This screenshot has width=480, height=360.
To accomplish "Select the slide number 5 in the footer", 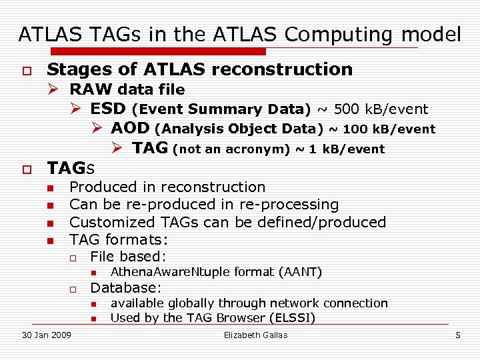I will pos(457,335).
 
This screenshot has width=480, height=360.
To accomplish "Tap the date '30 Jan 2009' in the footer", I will pos(47,335).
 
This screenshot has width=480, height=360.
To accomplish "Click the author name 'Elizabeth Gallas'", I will pos(256,335).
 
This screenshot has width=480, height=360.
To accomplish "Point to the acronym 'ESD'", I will pos(109,109).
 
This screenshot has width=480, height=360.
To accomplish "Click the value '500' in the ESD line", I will pos(346,109).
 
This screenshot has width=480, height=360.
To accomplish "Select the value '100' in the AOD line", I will pos(355,129).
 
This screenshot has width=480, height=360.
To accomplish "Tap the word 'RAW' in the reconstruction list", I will pos(91,89).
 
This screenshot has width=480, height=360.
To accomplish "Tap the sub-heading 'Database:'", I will pos(126,288).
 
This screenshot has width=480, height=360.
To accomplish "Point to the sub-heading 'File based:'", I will pos(128,256).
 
